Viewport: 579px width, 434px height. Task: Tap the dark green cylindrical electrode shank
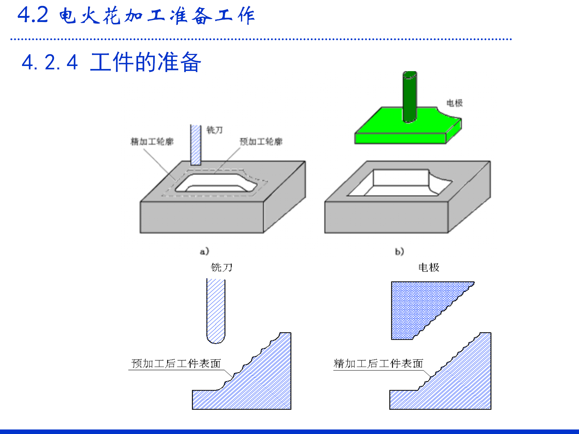coord(410,96)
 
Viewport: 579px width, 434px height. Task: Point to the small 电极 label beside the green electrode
coord(454,103)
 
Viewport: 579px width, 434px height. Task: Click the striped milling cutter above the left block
coord(196,145)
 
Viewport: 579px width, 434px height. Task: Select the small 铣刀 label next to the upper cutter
coord(214,130)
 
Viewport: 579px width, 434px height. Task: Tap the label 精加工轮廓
coord(152,141)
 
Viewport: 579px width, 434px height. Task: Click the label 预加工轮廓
coord(261,141)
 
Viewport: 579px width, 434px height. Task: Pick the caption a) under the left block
coord(204,251)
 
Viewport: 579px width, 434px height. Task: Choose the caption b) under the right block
coord(400,251)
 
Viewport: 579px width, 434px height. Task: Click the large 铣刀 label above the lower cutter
coord(222,267)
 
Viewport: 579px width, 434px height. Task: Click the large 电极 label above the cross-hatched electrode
coord(429,267)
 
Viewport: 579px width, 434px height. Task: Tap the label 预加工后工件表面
coord(176,363)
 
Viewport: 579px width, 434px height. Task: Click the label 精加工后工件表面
coord(378,363)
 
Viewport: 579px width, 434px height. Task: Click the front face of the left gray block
coord(201,217)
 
